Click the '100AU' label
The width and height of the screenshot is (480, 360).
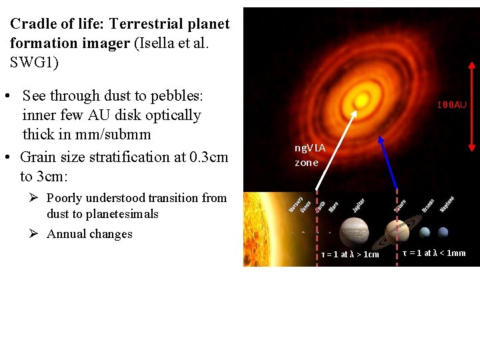click(451, 105)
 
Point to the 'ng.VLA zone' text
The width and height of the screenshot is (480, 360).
click(309, 156)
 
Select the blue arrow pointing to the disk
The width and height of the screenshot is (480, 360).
click(389, 165)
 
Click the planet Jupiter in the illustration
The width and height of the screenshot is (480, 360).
click(353, 231)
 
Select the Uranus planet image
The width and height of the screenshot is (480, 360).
click(425, 232)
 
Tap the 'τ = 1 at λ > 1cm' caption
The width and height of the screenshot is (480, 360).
click(349, 254)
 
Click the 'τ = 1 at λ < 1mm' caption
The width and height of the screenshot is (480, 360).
click(434, 253)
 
